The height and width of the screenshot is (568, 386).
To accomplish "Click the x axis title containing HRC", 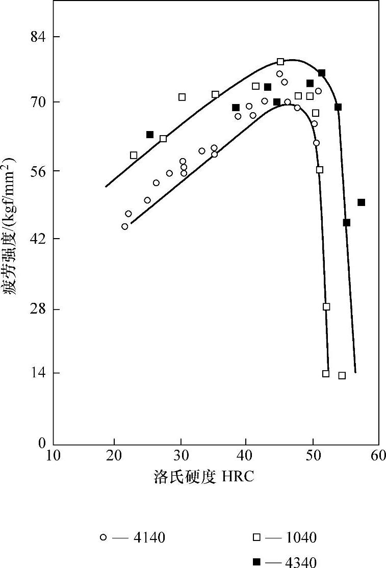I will tap(203, 478).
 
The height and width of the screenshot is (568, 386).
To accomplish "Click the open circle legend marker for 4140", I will tap(104, 537).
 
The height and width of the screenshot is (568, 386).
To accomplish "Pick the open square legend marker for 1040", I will tap(258, 537).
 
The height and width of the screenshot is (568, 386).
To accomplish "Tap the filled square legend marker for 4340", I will tap(258, 562).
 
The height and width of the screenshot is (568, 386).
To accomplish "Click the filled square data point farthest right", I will tap(361, 202).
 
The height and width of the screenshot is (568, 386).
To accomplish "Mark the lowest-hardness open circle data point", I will tap(124, 226).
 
